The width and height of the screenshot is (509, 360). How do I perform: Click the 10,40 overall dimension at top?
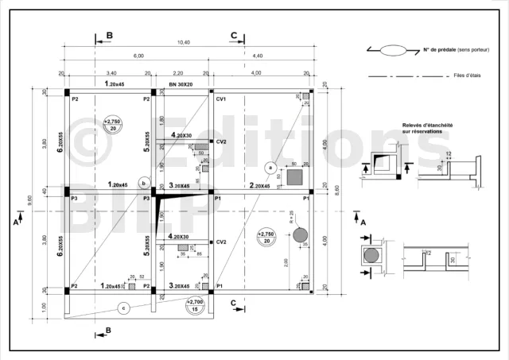click(x=184, y=42)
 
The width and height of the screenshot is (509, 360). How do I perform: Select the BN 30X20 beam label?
click(x=181, y=83)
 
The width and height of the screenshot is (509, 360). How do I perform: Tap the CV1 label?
click(x=221, y=99)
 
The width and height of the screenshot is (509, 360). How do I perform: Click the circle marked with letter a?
click(x=270, y=168)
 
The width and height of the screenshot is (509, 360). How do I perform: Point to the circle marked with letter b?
click(x=142, y=182)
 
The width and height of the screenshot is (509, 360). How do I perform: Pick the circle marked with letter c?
click(x=122, y=308)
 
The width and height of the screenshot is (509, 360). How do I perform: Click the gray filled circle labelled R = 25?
click(x=300, y=235)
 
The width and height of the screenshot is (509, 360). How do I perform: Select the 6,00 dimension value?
click(x=138, y=56)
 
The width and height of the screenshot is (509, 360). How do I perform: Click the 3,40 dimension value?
click(x=111, y=73)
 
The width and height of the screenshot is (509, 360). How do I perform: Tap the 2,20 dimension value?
click(x=178, y=73)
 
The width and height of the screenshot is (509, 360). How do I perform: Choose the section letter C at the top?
click(x=234, y=36)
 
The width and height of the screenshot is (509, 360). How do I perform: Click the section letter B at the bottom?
click(x=108, y=330)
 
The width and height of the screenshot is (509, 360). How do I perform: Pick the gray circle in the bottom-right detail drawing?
click(x=371, y=256)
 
